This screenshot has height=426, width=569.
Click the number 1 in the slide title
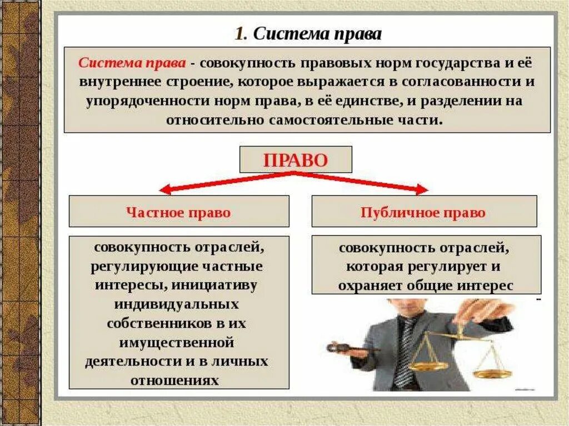[x=239, y=34]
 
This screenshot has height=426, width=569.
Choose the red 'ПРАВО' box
[x=296, y=161]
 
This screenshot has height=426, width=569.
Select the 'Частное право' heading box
[x=178, y=212]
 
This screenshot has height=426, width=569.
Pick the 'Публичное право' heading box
[x=423, y=212]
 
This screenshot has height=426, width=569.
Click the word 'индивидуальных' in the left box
[x=177, y=304]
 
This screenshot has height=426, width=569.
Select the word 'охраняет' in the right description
[x=365, y=285]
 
